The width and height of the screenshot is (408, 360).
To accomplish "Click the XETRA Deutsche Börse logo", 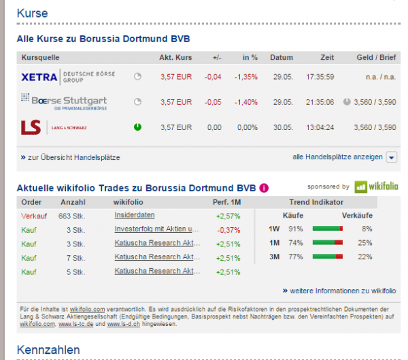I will tap(69, 76).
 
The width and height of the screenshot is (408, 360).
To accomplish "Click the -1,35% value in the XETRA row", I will tap(245, 77).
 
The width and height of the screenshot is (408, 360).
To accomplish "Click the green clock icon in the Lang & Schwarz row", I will tap(138, 127).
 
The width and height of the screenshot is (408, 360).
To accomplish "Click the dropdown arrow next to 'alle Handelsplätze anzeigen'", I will tap(391, 157).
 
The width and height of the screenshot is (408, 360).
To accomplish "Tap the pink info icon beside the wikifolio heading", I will tap(264, 188).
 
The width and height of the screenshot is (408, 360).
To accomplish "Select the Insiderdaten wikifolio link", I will tap(136, 216).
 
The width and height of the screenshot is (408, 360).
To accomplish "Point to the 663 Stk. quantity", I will tap(73, 216).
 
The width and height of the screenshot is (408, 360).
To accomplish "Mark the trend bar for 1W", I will tap(327, 229).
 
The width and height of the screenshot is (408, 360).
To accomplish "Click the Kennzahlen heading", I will tap(48, 349).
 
